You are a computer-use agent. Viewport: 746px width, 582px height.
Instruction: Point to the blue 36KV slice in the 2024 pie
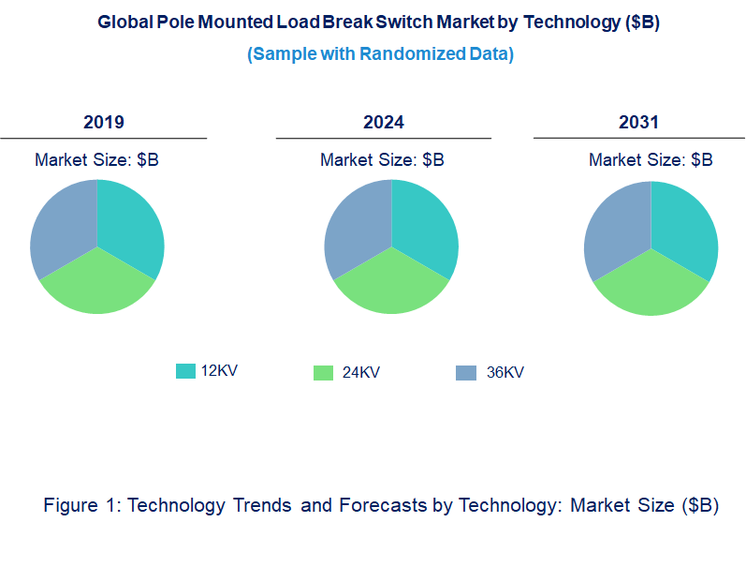click(x=357, y=229)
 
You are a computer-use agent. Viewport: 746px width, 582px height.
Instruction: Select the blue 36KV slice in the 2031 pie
click(x=616, y=231)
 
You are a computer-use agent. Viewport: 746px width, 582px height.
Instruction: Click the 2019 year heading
click(x=104, y=122)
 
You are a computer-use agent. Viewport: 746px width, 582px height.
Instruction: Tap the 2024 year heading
click(x=384, y=122)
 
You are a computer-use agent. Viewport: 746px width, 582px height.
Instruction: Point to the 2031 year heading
click(x=638, y=122)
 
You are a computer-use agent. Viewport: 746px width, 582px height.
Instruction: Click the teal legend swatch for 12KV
click(x=185, y=371)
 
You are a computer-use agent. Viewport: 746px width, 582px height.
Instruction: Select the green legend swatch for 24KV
click(x=323, y=373)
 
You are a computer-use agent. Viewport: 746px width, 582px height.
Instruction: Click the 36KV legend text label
click(x=505, y=373)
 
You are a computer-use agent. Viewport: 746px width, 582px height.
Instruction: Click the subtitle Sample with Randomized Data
click(x=380, y=54)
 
